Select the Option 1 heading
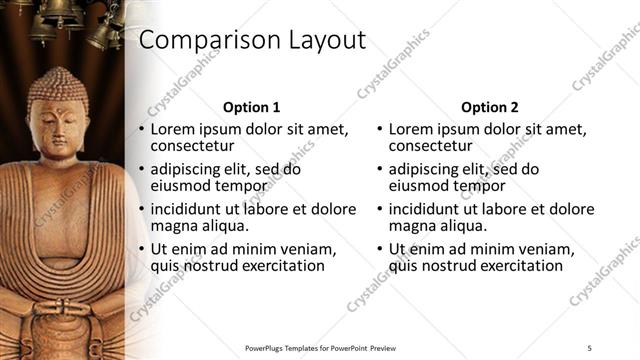pyautogui.click(x=251, y=107)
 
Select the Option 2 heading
pyautogui.click(x=490, y=107)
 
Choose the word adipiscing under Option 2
pyautogui.click(x=426, y=170)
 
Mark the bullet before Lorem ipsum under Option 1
pyautogui.click(x=141, y=131)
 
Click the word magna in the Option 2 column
pyautogui.click(x=411, y=226)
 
